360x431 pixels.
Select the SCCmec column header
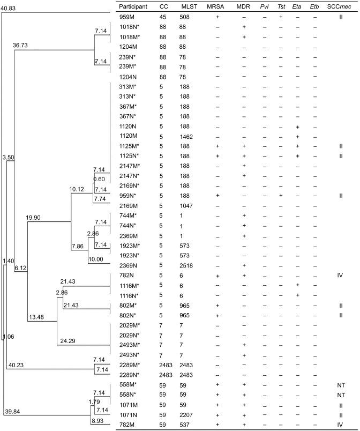pos(340,6)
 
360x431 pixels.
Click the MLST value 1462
pos(187,137)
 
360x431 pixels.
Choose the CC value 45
pos(163,18)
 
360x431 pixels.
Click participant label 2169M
pos(129,205)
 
